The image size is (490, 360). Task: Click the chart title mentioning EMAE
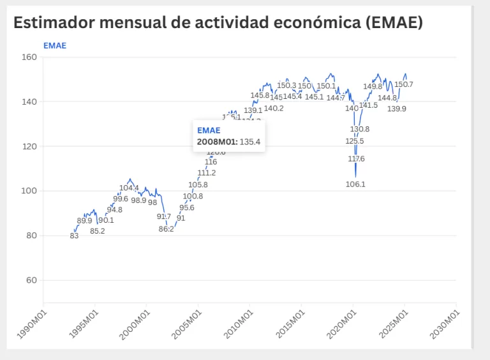coord(218,22)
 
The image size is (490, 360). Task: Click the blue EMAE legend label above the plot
coord(55,45)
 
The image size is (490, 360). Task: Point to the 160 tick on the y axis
coord(30,57)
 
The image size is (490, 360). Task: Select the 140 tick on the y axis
coord(30,101)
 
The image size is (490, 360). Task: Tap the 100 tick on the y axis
coord(30,191)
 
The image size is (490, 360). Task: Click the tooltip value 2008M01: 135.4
coord(228,142)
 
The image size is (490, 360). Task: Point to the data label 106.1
coord(355,184)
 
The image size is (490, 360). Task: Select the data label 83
coord(74,236)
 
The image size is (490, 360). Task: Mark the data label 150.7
coord(404,84)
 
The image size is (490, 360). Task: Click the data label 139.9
coord(397,109)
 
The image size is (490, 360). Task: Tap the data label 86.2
coord(167,229)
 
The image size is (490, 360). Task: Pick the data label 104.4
coord(129,188)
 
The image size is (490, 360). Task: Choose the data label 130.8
coord(360,129)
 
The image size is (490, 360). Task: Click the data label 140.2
coord(274,109)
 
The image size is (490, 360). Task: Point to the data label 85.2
coord(98,231)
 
